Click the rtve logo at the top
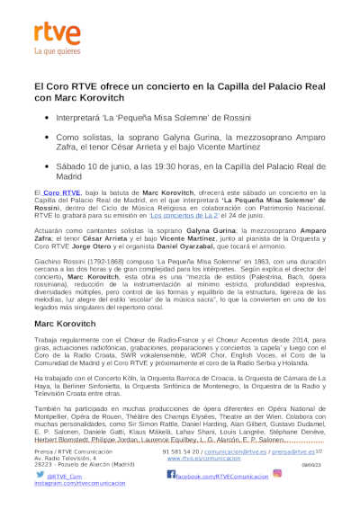click(53, 34)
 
